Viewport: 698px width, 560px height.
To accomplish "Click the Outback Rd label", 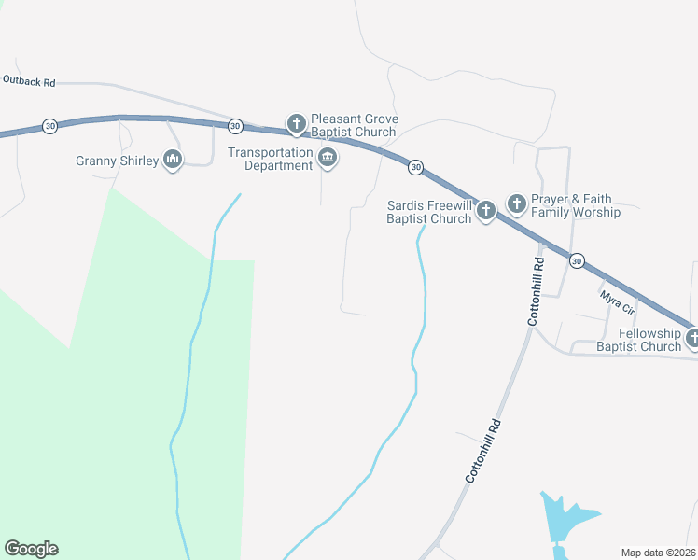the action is [x=29, y=82].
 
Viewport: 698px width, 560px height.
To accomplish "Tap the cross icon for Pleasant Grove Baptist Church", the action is [x=297, y=123].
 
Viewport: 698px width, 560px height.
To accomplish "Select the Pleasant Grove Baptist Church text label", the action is [x=355, y=126].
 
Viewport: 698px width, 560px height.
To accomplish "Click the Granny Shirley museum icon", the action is [x=173, y=161].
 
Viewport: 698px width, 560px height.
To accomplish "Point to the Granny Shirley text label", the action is [x=116, y=161].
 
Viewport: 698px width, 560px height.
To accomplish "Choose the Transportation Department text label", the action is [x=271, y=159].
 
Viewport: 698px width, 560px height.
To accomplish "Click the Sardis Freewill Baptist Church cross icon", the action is [x=485, y=211].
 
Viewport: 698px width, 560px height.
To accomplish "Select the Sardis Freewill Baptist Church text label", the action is [x=429, y=212].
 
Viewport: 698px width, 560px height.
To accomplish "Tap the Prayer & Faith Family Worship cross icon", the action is [x=516, y=203].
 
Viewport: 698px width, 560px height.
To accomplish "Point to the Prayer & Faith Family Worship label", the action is [x=576, y=206].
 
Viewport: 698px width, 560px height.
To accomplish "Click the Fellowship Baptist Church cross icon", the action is [x=692, y=338].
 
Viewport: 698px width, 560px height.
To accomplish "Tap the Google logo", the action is [x=31, y=549].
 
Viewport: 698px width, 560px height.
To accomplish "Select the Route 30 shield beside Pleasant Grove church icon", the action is [x=235, y=126].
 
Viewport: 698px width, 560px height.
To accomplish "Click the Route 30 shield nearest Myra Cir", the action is [x=577, y=260].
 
